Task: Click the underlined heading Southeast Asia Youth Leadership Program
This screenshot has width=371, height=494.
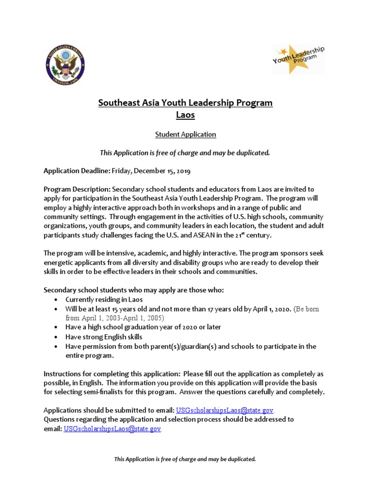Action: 185,103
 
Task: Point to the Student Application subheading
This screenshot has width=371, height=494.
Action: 185,135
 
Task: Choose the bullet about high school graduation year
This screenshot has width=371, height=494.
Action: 143,327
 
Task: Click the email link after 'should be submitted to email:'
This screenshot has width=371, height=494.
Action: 225,411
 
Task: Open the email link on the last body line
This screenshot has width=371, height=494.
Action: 112,428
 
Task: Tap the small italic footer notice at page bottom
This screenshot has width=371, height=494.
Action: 185,459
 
